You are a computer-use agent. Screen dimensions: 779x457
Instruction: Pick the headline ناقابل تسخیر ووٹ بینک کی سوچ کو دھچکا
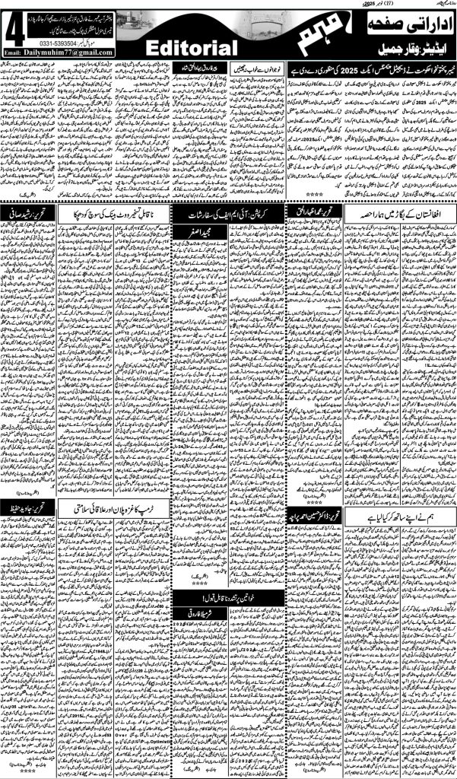pos(112,211)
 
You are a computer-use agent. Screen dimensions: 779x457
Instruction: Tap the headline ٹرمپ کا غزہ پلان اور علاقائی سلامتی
pos(116,505)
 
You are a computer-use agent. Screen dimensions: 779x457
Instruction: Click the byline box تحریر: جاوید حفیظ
pos(30,505)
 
